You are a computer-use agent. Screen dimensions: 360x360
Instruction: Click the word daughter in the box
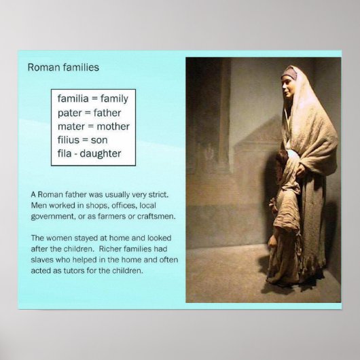(x=102, y=154)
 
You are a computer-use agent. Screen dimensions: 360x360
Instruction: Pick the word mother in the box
(x=113, y=126)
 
